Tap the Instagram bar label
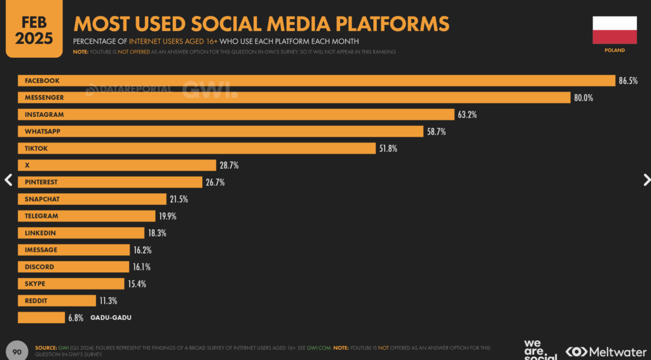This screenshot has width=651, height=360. (44, 114)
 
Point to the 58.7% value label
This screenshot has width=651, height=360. (436, 132)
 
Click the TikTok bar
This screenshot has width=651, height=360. (196, 148)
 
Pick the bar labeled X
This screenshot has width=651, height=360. (117, 165)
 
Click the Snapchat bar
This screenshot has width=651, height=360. (92, 199)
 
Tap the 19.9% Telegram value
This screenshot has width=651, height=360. (167, 216)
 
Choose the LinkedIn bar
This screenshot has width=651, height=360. (81, 233)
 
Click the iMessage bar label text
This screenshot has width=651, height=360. (41, 250)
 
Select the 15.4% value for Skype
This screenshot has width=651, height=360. (137, 284)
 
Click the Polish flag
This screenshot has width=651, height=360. (614, 31)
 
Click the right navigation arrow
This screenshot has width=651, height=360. (647, 179)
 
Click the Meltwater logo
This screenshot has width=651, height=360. (606, 351)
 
